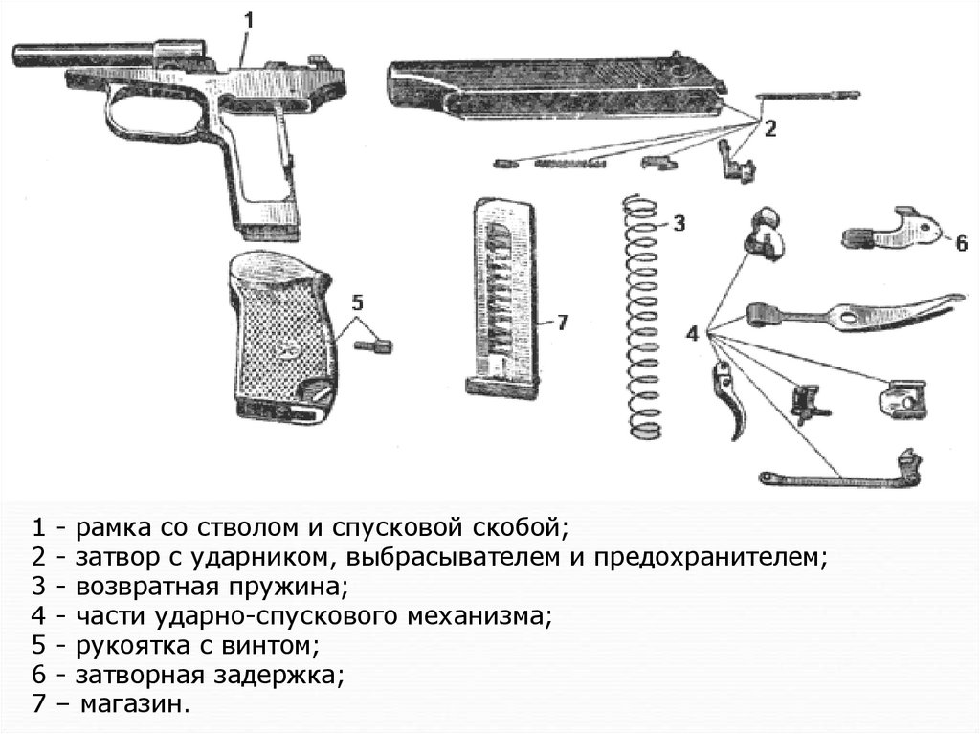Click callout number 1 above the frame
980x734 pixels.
tap(248, 21)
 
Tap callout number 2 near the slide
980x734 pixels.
tap(770, 129)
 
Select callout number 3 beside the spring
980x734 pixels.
tap(679, 223)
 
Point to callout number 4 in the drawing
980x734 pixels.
tap(692, 334)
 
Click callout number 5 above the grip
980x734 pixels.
tap(357, 302)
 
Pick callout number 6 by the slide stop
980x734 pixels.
tap(961, 242)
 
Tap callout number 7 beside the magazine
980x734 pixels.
tap(562, 322)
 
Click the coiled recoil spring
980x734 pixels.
tap(642, 316)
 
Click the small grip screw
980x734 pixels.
tap(373, 345)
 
